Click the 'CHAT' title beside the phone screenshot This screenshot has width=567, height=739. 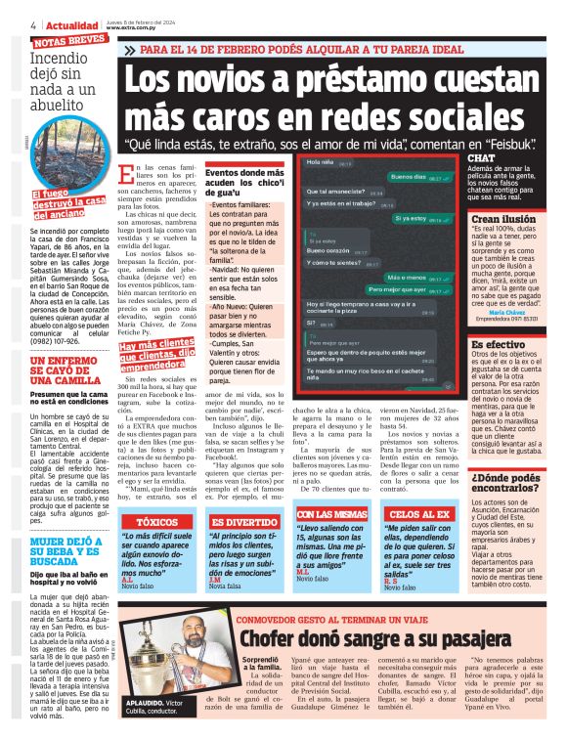(482, 157)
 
